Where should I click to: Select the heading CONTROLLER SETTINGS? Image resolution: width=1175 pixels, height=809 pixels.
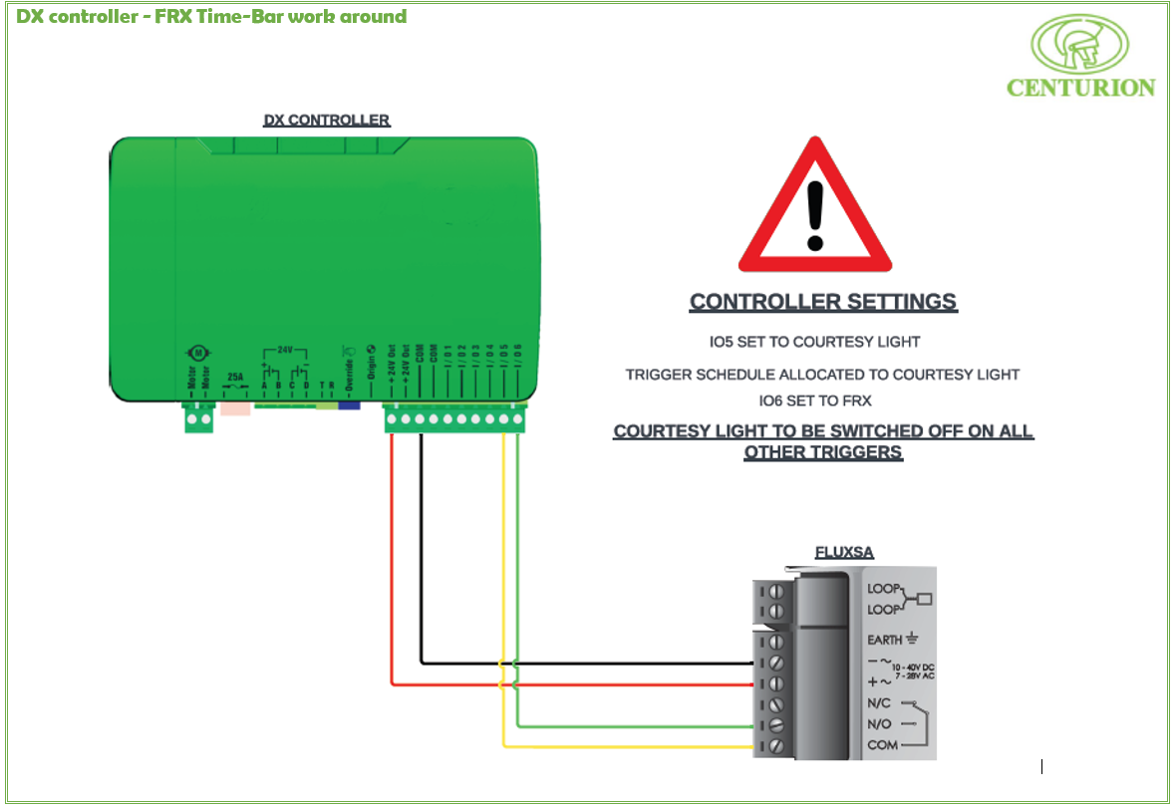pos(823,302)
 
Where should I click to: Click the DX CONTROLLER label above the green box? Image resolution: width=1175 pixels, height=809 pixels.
pos(326,121)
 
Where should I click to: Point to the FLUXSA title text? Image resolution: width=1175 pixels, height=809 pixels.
pos(844,552)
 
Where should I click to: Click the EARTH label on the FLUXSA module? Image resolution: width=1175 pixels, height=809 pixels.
pos(884,640)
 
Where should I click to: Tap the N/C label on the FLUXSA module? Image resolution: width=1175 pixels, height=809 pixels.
pos(880,703)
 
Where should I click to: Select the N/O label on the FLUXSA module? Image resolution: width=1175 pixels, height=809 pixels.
pos(880,724)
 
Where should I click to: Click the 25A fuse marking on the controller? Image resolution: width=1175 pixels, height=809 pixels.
pos(235,378)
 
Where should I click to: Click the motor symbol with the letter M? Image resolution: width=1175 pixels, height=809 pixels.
pos(196,354)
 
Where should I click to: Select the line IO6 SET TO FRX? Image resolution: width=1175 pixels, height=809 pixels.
pos(815,402)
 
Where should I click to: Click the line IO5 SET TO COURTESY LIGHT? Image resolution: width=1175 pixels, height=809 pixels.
pos(814,342)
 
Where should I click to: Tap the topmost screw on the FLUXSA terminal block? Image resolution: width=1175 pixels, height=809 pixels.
pos(774,591)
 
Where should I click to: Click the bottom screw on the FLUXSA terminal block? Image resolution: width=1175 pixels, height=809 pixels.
pos(774,745)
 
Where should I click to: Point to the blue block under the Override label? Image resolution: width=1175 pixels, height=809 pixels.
pos(349,405)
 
